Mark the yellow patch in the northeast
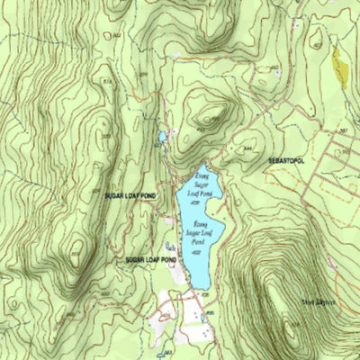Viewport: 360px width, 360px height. pos(339,66)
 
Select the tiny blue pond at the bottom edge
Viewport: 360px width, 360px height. pos(167,354)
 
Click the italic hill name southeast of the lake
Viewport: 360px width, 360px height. pos(319,302)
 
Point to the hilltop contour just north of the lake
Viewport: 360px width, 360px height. pos(212,115)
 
